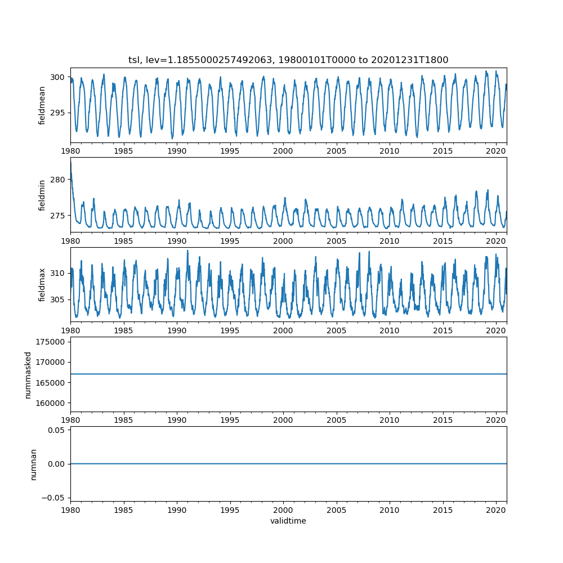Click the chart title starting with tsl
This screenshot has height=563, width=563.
(288, 60)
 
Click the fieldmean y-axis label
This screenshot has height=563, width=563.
(42, 105)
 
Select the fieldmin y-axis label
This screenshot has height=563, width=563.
(42, 195)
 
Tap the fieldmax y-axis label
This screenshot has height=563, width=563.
(42, 285)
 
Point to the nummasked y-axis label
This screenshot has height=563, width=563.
(28, 375)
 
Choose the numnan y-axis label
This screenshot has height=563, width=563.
(33, 464)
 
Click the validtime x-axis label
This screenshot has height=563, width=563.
(288, 521)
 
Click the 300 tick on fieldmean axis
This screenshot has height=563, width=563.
(58, 77)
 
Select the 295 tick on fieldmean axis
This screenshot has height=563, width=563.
(58, 113)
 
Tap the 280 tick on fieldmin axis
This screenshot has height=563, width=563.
(58, 180)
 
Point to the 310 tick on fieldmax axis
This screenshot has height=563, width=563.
(58, 273)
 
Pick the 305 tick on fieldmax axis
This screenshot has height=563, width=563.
(58, 300)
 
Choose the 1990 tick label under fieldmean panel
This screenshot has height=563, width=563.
(177, 151)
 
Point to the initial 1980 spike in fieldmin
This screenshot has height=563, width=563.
(71, 162)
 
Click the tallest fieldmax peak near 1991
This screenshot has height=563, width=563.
(187, 251)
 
